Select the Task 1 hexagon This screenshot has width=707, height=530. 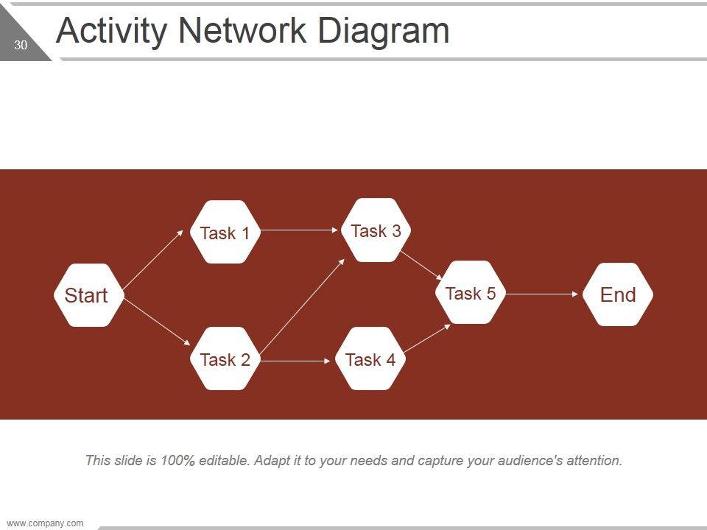225,233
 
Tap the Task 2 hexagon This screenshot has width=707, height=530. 225,359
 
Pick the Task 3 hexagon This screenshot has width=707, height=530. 376,230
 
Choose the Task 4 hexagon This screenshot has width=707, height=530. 370,359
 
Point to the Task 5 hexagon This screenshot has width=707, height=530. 471,293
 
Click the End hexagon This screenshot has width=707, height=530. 618,294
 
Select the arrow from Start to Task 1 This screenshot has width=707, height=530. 153,259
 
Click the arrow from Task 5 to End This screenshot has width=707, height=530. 543,294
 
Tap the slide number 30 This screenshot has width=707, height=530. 21,46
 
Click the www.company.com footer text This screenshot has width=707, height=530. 45,523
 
